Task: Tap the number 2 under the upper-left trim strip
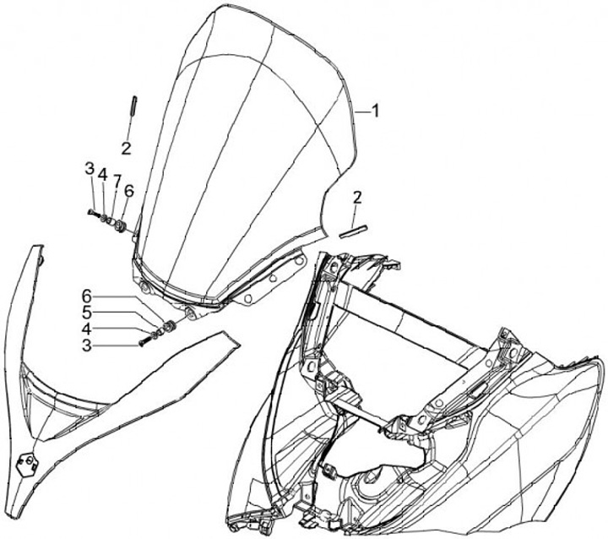(x=126, y=148)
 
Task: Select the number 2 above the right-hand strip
(x=358, y=198)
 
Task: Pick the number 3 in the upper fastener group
(x=90, y=169)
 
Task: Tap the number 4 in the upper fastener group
(x=102, y=174)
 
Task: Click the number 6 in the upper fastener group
(x=128, y=191)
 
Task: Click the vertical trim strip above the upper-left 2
(x=132, y=108)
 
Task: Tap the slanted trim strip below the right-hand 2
(x=352, y=227)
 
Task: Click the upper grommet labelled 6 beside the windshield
(x=122, y=226)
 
